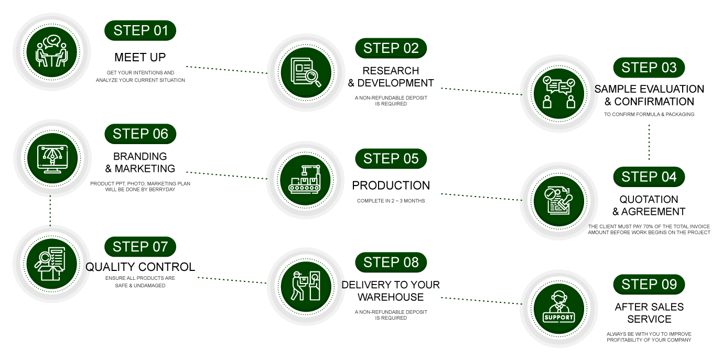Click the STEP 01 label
click(x=141, y=31)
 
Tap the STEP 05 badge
click(x=391, y=159)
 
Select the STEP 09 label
click(x=649, y=285)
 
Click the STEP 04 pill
click(x=649, y=177)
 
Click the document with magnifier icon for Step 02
click(x=306, y=72)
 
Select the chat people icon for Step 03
click(x=558, y=93)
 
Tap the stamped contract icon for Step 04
click(x=558, y=201)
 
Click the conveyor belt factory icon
click(x=306, y=180)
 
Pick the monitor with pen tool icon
click(x=52, y=158)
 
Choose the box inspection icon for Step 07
click(x=51, y=264)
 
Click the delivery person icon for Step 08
click(x=306, y=286)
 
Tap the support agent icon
click(x=558, y=309)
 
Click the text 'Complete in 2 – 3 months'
click(x=391, y=201)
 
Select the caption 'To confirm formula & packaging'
click(x=649, y=114)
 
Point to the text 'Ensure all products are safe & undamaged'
click(x=140, y=281)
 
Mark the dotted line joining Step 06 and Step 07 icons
click(x=50, y=211)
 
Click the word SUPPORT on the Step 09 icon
click(x=558, y=318)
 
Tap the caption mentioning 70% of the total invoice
click(x=649, y=229)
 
